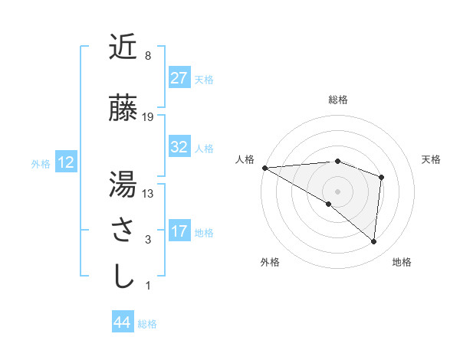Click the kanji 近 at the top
(x=123, y=48)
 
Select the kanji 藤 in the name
(x=123, y=108)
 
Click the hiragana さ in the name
(x=123, y=231)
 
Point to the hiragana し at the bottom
(x=123, y=277)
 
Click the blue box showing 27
(x=179, y=78)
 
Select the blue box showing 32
(x=179, y=147)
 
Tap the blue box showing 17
(x=179, y=231)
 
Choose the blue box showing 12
(x=65, y=162)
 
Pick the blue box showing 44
(x=122, y=323)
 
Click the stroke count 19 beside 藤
(x=148, y=117)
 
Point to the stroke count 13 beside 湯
(x=148, y=194)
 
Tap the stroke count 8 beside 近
(x=147, y=56)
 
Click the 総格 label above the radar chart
(x=337, y=100)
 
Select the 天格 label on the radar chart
(x=432, y=159)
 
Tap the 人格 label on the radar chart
(x=244, y=159)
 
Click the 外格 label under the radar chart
(x=270, y=262)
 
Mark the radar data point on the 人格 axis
(x=264, y=167)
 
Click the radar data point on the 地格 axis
(x=373, y=241)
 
